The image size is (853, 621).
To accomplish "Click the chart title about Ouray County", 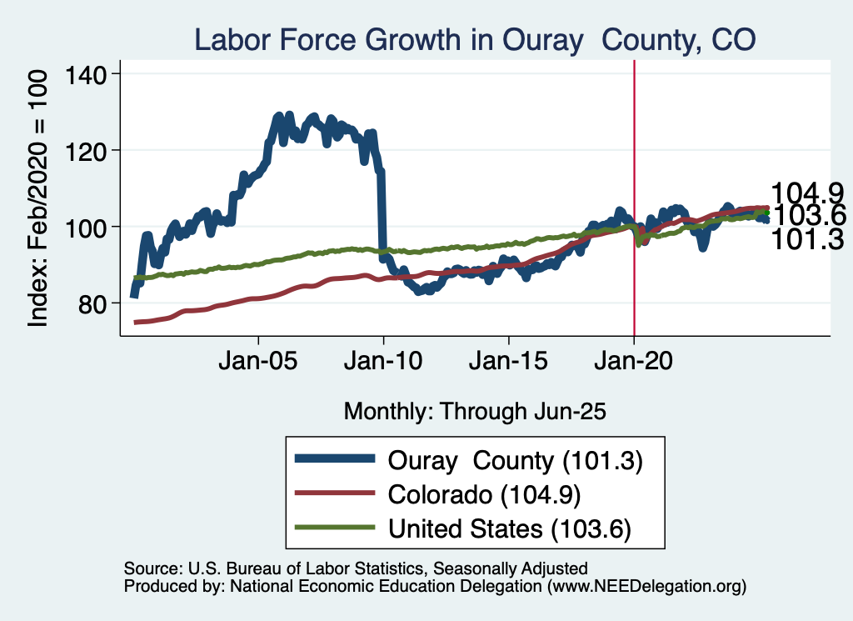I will (x=474, y=39).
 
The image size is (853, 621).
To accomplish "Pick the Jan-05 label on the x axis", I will (x=258, y=364).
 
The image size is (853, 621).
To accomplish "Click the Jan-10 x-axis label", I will (x=383, y=364).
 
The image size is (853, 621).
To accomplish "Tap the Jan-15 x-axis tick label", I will (x=509, y=364).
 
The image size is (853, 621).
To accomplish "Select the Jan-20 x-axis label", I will (x=634, y=364).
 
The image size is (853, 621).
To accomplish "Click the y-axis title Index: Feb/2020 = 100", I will (x=39, y=197).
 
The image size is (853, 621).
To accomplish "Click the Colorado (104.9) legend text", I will (x=484, y=494).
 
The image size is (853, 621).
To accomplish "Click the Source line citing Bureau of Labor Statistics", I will (x=356, y=568).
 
